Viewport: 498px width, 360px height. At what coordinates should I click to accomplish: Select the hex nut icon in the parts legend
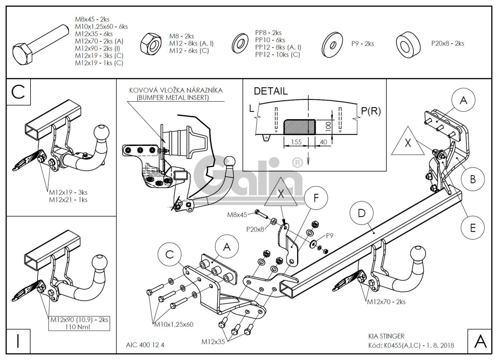[x=150, y=43]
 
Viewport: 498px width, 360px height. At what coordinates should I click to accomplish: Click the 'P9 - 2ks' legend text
[x=363, y=44]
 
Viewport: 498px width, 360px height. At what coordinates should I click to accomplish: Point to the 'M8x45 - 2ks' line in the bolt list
[x=92, y=20]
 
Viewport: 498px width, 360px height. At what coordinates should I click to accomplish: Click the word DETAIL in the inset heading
[x=271, y=91]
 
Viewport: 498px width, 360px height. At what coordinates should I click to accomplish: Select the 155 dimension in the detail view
[x=296, y=142]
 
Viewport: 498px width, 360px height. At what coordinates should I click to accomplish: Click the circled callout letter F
[x=316, y=198]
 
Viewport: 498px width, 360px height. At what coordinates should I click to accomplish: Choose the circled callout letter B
[x=472, y=180]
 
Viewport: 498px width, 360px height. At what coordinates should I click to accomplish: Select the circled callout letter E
[x=472, y=228]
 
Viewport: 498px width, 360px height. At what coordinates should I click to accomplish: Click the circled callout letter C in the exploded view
[x=170, y=254]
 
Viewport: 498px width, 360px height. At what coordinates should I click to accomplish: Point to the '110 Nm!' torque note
[x=79, y=327]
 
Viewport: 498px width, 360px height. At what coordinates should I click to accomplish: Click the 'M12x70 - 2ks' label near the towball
[x=386, y=302]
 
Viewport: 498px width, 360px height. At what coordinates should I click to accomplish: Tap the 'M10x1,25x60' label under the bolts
[x=174, y=324]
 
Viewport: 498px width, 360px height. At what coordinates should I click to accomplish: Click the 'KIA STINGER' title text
[x=386, y=336]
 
